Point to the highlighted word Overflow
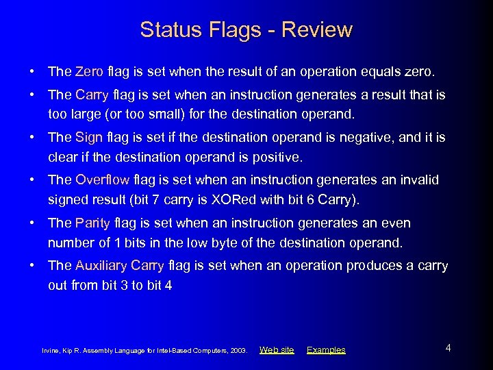102,180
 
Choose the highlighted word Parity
92,223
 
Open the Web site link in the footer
277,350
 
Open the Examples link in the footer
326,350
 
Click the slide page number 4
448,348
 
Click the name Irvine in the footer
51,351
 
